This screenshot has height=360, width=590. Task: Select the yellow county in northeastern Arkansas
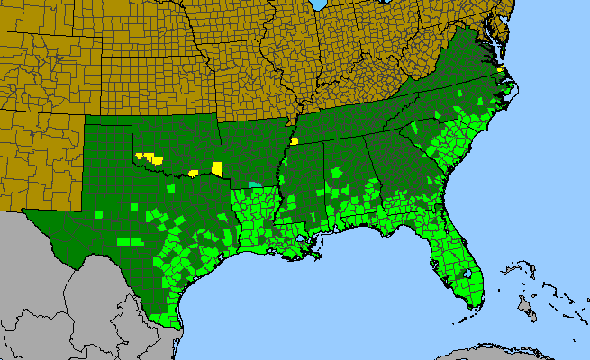tap(295, 141)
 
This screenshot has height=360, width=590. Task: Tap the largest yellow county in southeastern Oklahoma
tap(217, 167)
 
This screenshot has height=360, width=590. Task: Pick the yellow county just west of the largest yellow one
tap(194, 172)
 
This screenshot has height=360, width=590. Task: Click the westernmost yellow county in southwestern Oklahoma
tap(140, 156)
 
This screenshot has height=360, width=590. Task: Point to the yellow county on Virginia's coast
tap(500, 68)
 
